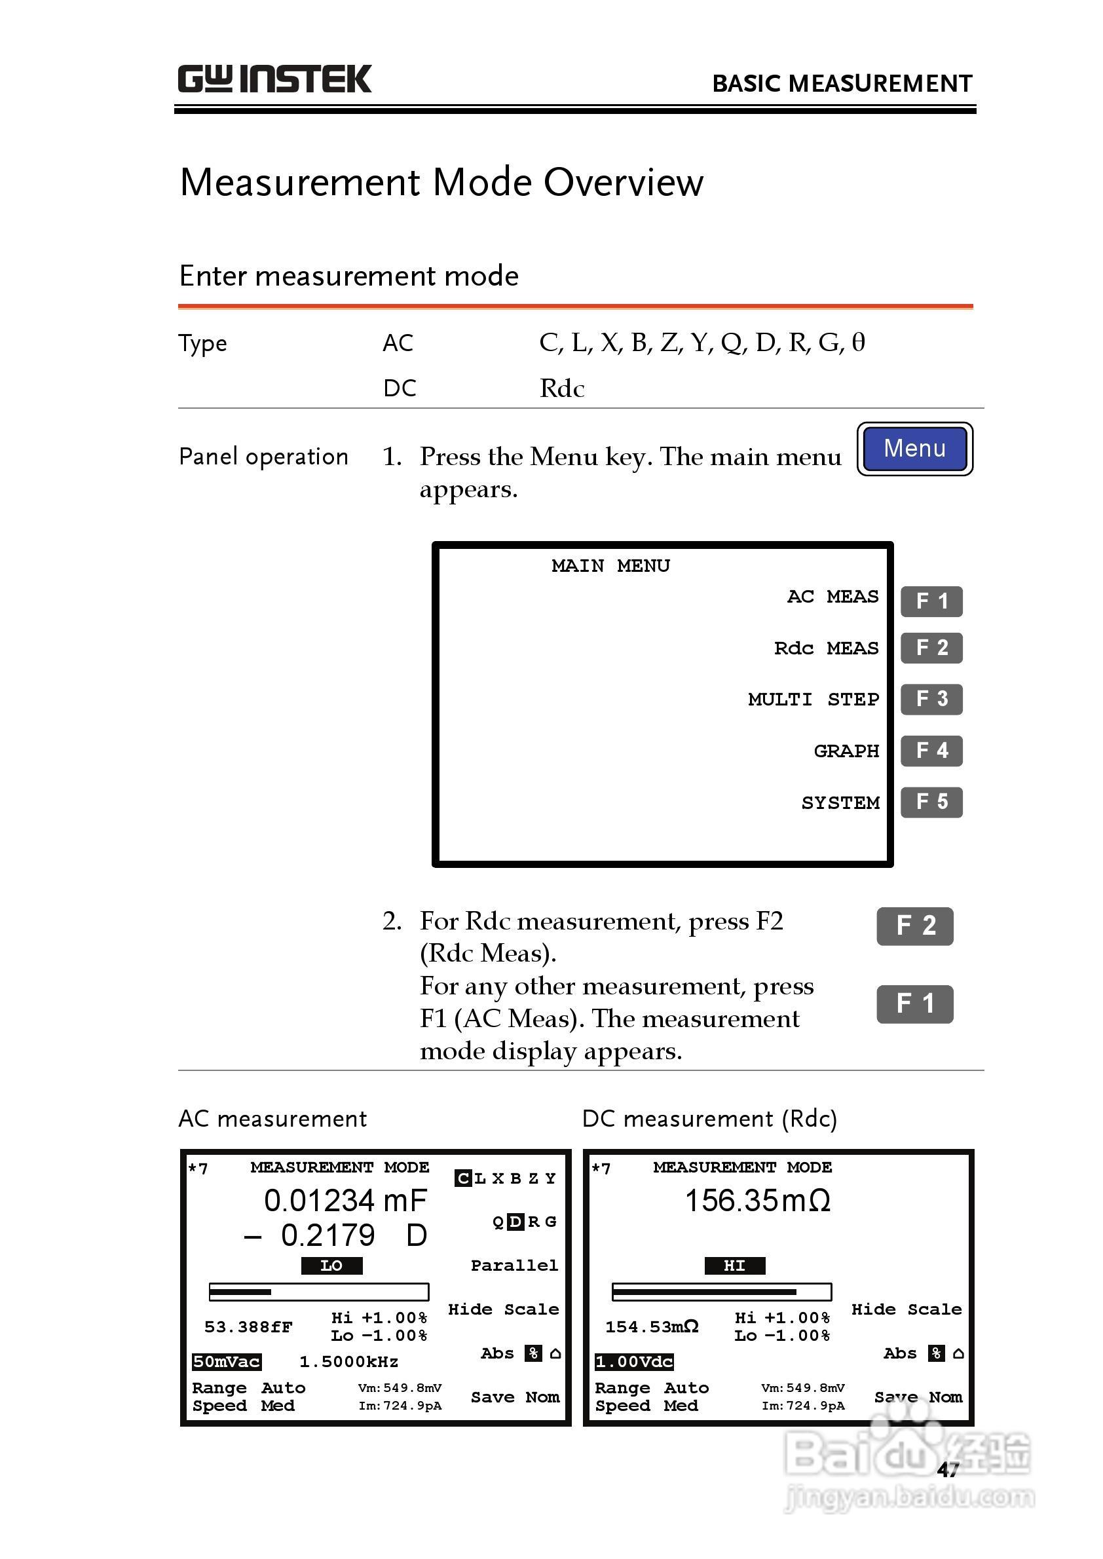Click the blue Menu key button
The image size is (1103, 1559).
pyautogui.click(x=914, y=449)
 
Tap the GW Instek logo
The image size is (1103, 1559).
pyautogui.click(x=274, y=79)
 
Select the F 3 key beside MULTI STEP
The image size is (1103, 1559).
pyautogui.click(x=931, y=699)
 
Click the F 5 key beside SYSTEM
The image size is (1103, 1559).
pyautogui.click(x=931, y=802)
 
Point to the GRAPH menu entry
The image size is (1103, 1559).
pyautogui.click(x=846, y=751)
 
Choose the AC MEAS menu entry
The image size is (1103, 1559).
pyautogui.click(x=832, y=597)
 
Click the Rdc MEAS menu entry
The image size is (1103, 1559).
pyautogui.click(x=826, y=648)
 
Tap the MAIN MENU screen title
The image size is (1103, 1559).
pyautogui.click(x=610, y=566)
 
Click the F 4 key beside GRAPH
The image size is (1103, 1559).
pyautogui.click(x=931, y=751)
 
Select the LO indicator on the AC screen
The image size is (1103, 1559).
pyautogui.click(x=331, y=1266)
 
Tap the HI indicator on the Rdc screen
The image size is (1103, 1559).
pyautogui.click(x=734, y=1266)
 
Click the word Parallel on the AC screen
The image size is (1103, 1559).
pyautogui.click(x=514, y=1266)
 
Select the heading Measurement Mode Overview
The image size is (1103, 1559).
pyautogui.click(x=441, y=183)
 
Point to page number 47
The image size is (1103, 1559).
pyautogui.click(x=948, y=1469)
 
